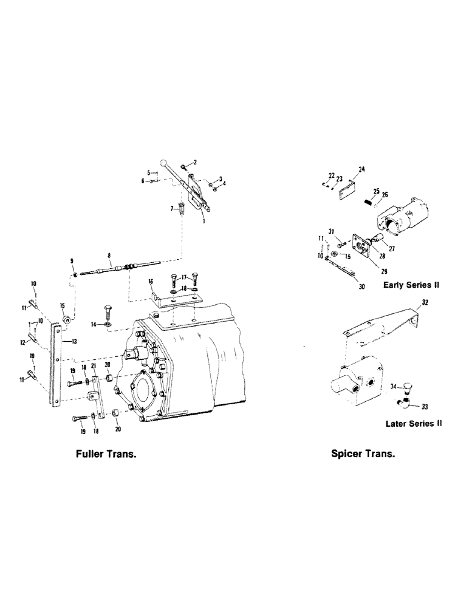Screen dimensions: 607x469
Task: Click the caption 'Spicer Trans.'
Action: (363, 453)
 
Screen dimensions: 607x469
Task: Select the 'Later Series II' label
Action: (413, 424)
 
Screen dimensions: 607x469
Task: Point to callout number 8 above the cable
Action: (109, 256)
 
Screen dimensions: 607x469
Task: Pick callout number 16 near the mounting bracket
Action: (151, 282)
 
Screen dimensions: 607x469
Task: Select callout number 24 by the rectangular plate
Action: (361, 170)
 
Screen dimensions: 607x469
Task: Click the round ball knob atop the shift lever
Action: (163, 163)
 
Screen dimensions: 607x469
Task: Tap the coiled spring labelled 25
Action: (368, 202)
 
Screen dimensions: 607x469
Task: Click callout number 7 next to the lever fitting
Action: (171, 208)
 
